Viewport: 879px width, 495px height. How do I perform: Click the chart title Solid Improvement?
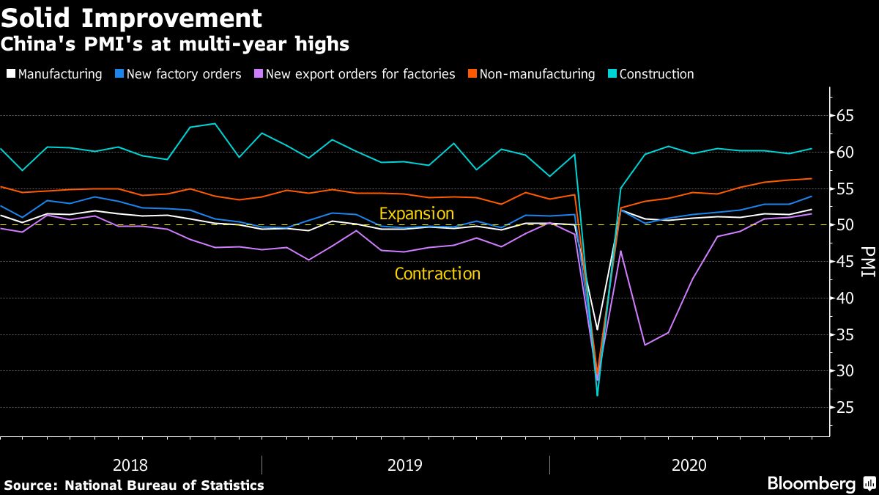pos(132,17)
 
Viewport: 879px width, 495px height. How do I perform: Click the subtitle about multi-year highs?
pos(175,45)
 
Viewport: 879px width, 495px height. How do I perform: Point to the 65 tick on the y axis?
pos(846,116)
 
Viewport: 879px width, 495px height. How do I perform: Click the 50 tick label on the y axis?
pos(846,225)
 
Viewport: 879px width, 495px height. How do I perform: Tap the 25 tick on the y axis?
pos(846,408)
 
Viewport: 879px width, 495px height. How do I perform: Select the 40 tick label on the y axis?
pos(846,298)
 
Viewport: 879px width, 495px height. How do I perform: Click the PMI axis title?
pos(867,262)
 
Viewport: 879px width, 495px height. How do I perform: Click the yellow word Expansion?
pos(416,214)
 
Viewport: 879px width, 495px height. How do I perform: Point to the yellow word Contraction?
pos(437,274)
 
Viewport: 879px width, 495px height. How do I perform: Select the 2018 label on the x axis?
pos(130,465)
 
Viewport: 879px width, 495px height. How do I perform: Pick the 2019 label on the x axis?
pos(405,465)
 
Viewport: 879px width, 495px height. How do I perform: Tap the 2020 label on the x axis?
pos(689,465)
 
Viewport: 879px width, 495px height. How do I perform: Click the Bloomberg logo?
pos(811,484)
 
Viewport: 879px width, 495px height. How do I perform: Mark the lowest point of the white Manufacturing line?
pos(598,330)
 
